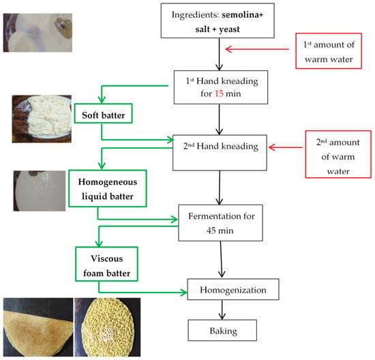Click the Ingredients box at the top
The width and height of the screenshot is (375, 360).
(217, 20)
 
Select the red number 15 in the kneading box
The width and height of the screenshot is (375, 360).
(219, 93)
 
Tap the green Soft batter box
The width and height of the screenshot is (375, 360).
(103, 113)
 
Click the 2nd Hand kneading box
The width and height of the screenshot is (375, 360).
(220, 153)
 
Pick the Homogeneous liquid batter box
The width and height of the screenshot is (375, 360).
(107, 188)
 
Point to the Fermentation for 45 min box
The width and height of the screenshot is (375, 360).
(220, 223)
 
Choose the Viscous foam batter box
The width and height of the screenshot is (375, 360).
(106, 264)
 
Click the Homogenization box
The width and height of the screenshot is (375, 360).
(233, 289)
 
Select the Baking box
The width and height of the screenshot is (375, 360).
(222, 330)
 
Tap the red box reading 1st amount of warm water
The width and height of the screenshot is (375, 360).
(329, 51)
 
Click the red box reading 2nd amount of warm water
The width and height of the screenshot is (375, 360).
(338, 154)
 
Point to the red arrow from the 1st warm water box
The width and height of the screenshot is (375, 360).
(257, 49)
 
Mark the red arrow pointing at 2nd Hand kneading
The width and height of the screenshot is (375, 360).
(285, 147)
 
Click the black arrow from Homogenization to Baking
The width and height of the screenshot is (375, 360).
(222, 310)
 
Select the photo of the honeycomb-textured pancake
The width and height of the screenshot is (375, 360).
(108, 327)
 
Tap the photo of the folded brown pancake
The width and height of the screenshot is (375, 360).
(38, 327)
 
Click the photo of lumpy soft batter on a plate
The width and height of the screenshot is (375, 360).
(42, 119)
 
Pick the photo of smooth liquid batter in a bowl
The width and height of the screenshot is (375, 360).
(40, 191)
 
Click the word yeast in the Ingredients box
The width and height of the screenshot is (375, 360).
(229, 29)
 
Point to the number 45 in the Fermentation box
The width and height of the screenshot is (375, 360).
(211, 230)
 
